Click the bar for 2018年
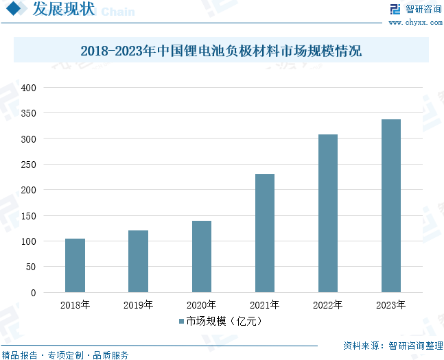(x=75, y=265)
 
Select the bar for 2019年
(x=138, y=261)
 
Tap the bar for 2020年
(x=201, y=256)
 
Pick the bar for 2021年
(x=264, y=233)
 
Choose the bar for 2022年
(x=327, y=213)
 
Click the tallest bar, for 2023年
(x=390, y=206)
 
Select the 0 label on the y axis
(x=32, y=293)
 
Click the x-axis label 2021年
(x=264, y=305)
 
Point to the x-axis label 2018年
(x=75, y=305)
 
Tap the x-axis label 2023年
(x=390, y=305)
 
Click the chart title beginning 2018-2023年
(x=221, y=51)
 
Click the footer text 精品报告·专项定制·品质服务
(x=65, y=355)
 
